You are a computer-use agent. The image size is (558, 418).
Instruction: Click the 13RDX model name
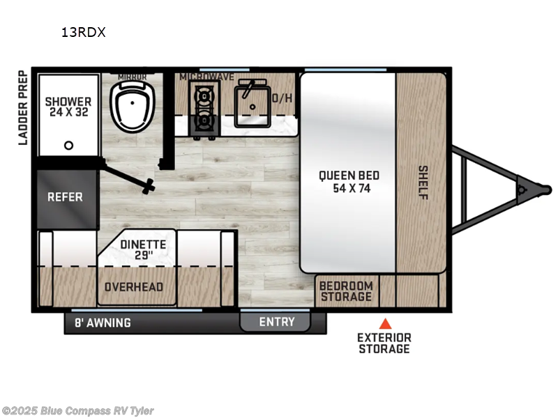tap(82, 32)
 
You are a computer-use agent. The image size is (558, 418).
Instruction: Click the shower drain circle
tap(68, 146)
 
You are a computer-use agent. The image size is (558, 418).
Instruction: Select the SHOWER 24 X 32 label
tap(68, 107)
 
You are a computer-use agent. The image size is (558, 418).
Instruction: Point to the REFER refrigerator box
tap(65, 197)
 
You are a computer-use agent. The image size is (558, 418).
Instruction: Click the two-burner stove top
tap(204, 107)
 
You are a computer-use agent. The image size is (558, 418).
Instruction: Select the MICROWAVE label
tap(206, 77)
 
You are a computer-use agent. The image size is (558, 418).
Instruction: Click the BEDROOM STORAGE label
tap(346, 292)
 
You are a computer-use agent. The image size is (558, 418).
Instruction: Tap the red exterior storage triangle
tap(384, 323)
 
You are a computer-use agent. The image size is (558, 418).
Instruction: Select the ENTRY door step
tap(276, 322)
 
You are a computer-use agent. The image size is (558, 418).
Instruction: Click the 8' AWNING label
tap(103, 323)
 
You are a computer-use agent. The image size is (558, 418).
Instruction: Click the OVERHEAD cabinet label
tap(133, 287)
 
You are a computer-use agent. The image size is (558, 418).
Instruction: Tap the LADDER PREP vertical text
tap(22, 107)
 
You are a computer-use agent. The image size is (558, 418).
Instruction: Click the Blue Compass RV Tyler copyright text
tap(78, 411)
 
